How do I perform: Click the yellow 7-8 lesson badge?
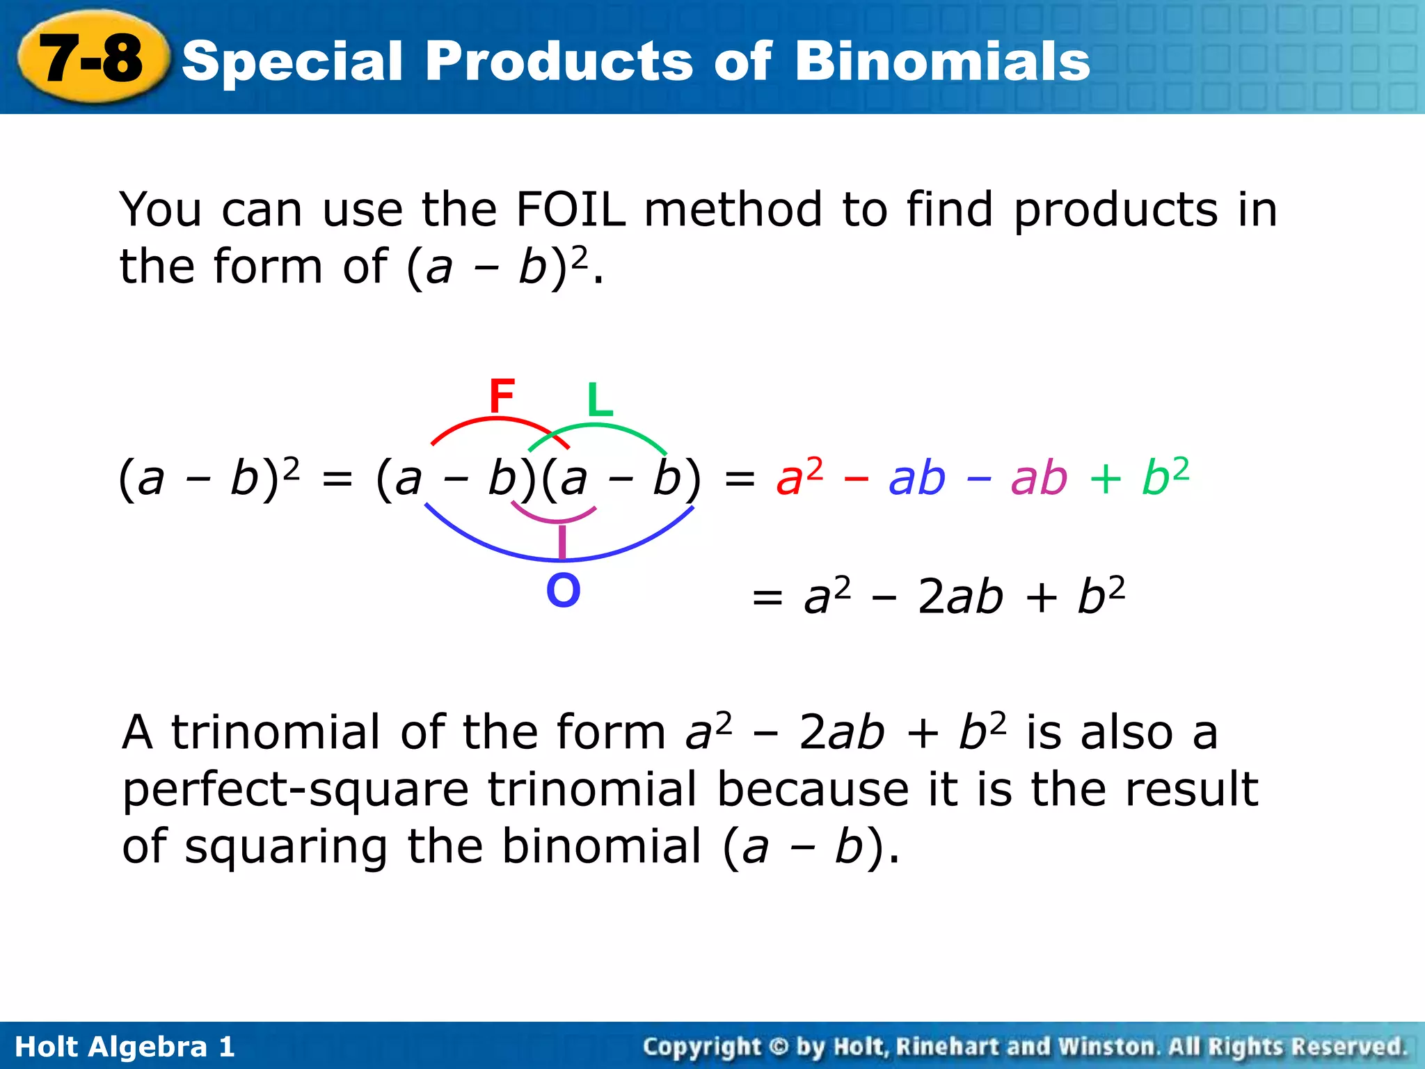tap(93, 59)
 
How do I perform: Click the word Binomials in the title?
tap(942, 61)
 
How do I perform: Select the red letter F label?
tap(502, 396)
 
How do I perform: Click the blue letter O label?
tap(563, 591)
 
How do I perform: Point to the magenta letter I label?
tap(562, 541)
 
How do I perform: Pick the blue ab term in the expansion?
tap(917, 478)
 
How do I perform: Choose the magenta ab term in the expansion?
tap(1039, 478)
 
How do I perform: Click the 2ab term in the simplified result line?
tap(960, 597)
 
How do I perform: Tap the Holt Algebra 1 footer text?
tap(125, 1047)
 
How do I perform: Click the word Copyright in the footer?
tap(701, 1047)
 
